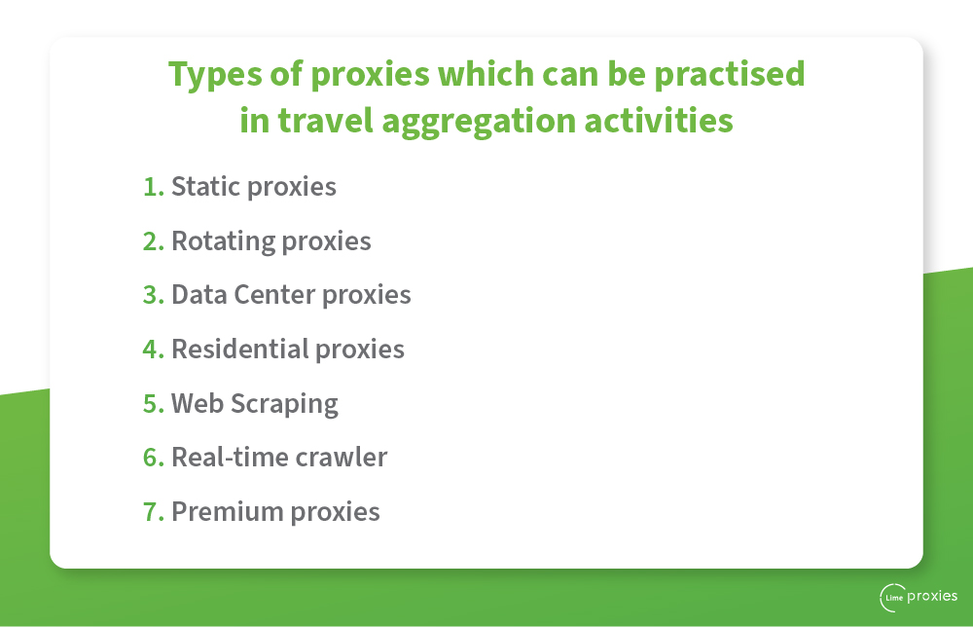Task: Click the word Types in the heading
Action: click(x=215, y=75)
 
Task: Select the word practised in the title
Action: click(x=730, y=74)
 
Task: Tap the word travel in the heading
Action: click(x=325, y=120)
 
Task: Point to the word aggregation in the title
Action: click(x=479, y=122)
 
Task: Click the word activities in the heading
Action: click(x=659, y=120)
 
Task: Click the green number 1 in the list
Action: click(x=152, y=187)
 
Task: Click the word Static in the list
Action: click(x=205, y=187)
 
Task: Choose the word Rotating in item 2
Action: click(x=223, y=241)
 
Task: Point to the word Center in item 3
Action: click(x=274, y=295)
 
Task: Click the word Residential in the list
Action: click(x=239, y=349)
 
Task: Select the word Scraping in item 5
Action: click(x=284, y=405)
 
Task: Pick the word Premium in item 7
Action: click(x=227, y=512)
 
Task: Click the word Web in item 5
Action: click(x=198, y=403)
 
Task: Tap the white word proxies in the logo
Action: click(x=932, y=597)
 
